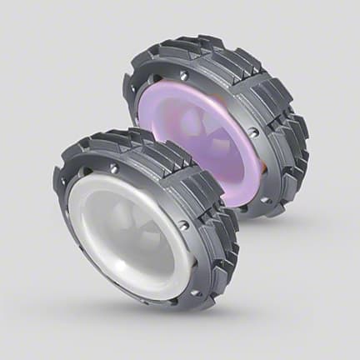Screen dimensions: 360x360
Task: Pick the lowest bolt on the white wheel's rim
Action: pos(192,292)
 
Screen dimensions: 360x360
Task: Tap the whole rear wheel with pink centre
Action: pos(217,125)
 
